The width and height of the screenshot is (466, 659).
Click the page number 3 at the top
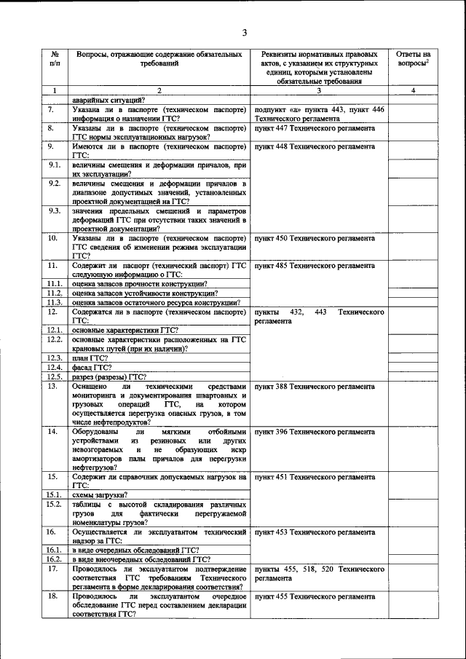pos(245,33)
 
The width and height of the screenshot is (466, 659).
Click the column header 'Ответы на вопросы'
pos(413,60)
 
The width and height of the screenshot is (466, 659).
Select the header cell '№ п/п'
pos(55,60)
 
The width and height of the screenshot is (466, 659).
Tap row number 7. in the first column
pos(52,108)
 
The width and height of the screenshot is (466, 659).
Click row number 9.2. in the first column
pos(53,183)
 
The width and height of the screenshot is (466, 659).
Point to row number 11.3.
pos(54,302)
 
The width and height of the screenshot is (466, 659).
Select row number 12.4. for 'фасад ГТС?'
pos(54,367)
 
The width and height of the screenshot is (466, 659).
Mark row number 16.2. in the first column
pos(54,559)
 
